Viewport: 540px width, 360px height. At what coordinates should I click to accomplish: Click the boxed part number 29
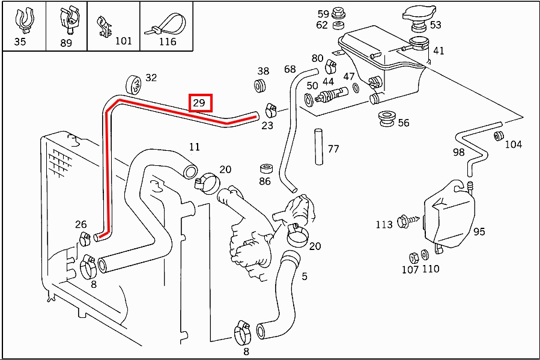[x=199, y=103]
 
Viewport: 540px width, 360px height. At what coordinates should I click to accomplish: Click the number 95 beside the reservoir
[x=479, y=231]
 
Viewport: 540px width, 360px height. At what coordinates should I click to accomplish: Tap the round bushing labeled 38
[x=262, y=86]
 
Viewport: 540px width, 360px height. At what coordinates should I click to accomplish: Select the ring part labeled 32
[x=134, y=85]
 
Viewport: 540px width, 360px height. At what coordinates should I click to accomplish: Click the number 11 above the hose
[x=194, y=147]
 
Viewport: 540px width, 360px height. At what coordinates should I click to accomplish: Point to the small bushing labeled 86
[x=265, y=168]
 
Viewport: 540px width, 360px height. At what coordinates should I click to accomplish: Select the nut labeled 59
[x=338, y=13]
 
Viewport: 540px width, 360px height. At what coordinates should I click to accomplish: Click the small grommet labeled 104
[x=499, y=135]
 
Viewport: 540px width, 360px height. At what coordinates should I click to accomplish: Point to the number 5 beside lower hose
[x=305, y=276]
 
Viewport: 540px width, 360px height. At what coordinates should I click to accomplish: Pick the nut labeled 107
[x=413, y=256]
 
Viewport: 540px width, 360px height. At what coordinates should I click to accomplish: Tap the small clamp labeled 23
[x=270, y=110]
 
